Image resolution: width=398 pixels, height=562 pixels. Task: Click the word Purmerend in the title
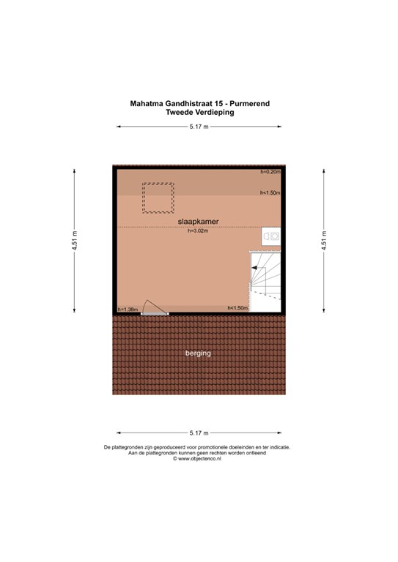(250, 104)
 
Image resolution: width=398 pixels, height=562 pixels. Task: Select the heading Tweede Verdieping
(200, 112)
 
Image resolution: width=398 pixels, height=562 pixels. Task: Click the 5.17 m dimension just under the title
(199, 127)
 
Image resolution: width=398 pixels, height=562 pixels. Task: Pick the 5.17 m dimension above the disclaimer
(199, 433)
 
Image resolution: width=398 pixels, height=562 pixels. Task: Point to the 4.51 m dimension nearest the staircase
(324, 241)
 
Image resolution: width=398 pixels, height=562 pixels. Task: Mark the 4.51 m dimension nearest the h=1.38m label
(74, 241)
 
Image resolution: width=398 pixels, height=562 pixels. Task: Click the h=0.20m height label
(270, 172)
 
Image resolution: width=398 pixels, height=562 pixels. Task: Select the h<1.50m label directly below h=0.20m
(270, 193)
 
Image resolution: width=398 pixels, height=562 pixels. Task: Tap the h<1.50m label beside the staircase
(238, 308)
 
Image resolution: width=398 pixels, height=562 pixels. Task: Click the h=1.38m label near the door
(128, 310)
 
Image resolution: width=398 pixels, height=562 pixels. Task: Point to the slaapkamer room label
(198, 222)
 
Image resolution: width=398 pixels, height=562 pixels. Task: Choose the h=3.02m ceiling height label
(198, 231)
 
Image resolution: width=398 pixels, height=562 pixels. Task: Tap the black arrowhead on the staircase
(254, 268)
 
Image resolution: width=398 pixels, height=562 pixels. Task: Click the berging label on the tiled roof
(198, 353)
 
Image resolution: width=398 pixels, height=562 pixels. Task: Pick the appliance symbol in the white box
(271, 236)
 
